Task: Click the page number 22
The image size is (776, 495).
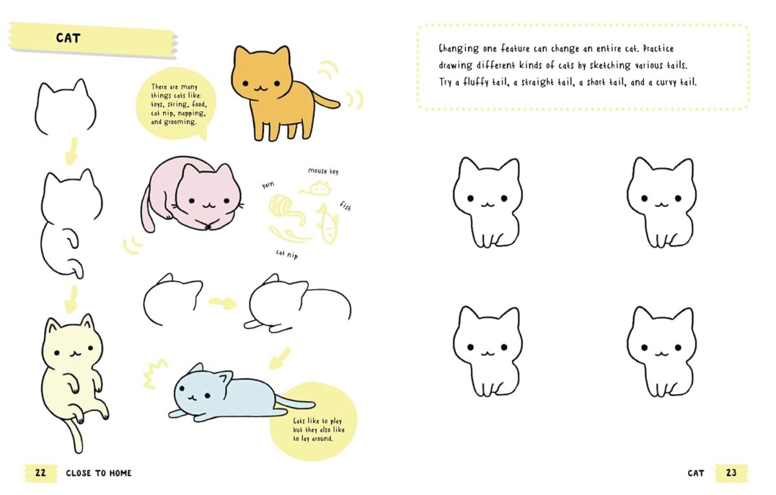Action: (x=40, y=473)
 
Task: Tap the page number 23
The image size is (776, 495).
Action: (x=731, y=473)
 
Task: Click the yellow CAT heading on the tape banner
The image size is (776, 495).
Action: (x=68, y=38)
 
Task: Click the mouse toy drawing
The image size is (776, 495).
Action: (x=319, y=188)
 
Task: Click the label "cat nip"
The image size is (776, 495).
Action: (x=287, y=254)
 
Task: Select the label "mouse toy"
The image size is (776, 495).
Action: (x=323, y=171)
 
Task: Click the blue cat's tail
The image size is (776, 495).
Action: (x=294, y=404)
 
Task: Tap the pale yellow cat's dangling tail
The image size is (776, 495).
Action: (x=76, y=435)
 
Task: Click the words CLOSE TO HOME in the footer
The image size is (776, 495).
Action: (x=98, y=473)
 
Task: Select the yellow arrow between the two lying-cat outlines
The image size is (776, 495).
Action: (x=222, y=302)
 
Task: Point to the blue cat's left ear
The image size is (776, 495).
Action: (x=195, y=369)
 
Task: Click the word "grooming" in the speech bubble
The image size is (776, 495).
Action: (x=178, y=121)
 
